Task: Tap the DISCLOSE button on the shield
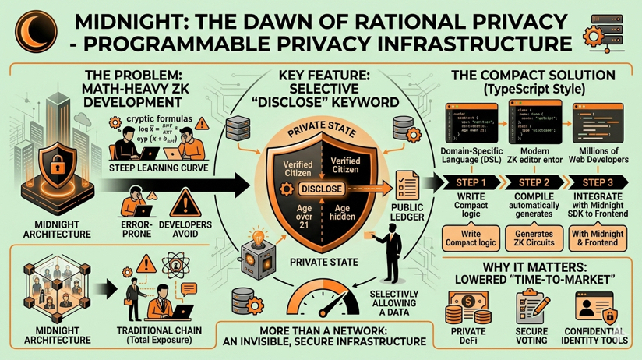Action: (321, 189)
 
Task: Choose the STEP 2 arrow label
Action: (531, 182)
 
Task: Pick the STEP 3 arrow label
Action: (597, 182)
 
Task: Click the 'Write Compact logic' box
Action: (469, 238)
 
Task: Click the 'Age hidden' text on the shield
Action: (344, 214)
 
